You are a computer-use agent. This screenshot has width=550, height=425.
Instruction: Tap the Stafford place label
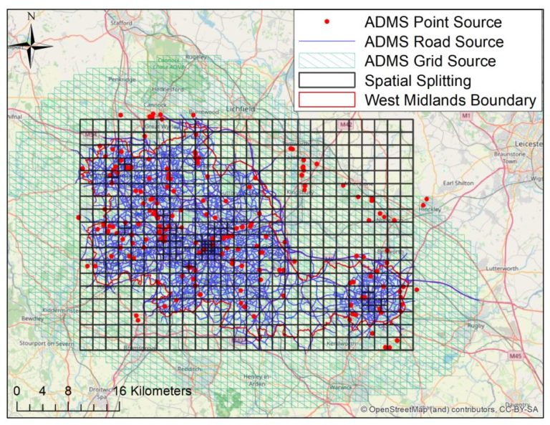(123, 23)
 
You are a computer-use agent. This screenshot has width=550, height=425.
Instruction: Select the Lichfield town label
(241, 108)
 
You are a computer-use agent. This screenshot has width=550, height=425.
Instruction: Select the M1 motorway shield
(466, 115)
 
